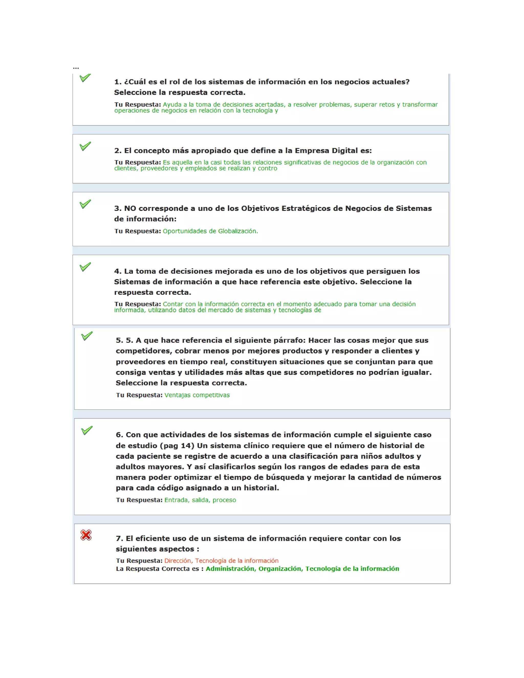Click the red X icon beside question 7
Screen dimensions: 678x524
tap(86, 535)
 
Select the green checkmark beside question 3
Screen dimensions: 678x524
tap(85, 204)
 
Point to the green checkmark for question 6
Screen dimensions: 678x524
tap(87, 430)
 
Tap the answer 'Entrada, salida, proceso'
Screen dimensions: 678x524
tap(200, 500)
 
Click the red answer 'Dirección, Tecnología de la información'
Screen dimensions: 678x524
tap(221, 560)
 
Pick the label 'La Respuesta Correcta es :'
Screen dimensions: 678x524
tap(160, 568)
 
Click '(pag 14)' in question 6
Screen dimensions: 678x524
tap(177, 445)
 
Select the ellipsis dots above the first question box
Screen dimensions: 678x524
tap(76, 68)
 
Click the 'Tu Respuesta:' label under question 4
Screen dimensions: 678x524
tap(137, 304)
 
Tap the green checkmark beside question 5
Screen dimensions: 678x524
tap(87, 336)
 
